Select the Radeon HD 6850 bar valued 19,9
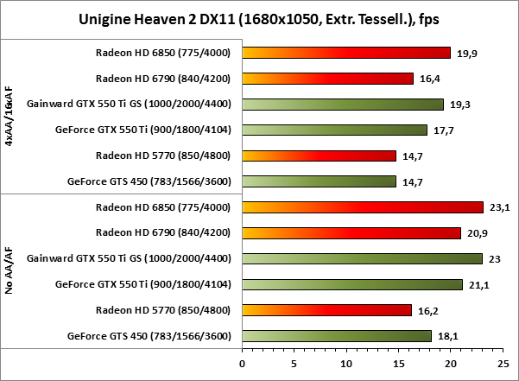[346, 53]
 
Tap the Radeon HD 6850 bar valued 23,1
[363, 206]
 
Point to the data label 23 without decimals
[495, 258]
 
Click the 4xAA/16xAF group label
[9, 117]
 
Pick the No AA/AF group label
[9, 270]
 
